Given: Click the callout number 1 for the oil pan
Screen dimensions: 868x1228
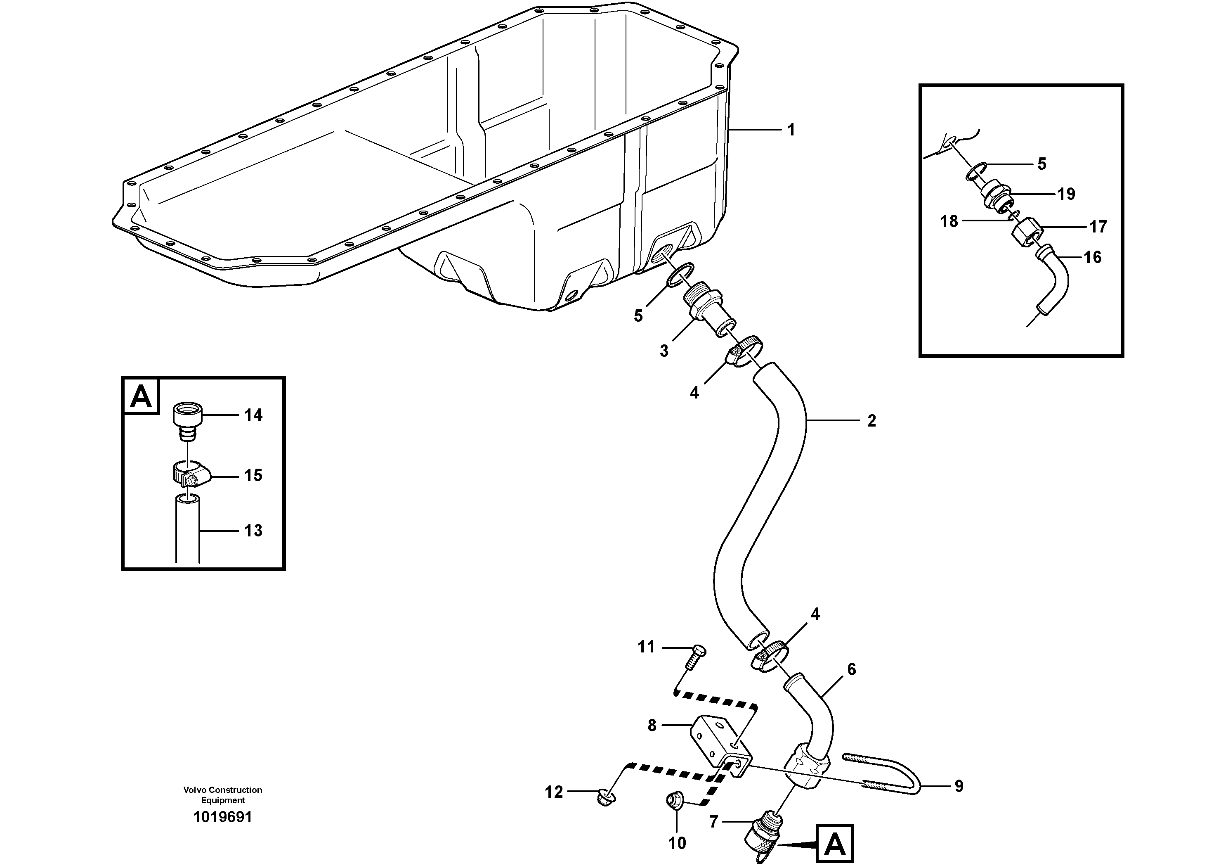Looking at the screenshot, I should (x=791, y=130).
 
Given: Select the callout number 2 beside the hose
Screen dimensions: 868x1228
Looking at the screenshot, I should (x=871, y=421).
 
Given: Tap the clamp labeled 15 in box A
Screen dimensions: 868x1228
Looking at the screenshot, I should (x=191, y=474).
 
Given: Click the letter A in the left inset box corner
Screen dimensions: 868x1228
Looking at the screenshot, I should (x=141, y=396).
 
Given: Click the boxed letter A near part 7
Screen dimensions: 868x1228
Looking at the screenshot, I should (x=835, y=844).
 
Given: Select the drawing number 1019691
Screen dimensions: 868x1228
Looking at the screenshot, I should (x=222, y=817).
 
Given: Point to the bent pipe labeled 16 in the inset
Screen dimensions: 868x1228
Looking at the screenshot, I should (x=1052, y=282).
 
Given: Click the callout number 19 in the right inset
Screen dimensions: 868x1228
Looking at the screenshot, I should (x=1066, y=194).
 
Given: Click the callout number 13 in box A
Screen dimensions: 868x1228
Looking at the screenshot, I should (x=253, y=531).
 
